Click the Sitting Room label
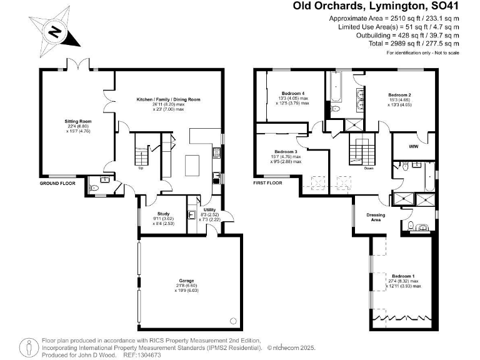[x=78, y=122]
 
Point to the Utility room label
[x=209, y=211]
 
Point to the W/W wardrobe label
[x=413, y=147]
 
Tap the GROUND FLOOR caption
[x=57, y=184]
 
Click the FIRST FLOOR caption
[x=267, y=183]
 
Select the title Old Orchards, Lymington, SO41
[x=379, y=6]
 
